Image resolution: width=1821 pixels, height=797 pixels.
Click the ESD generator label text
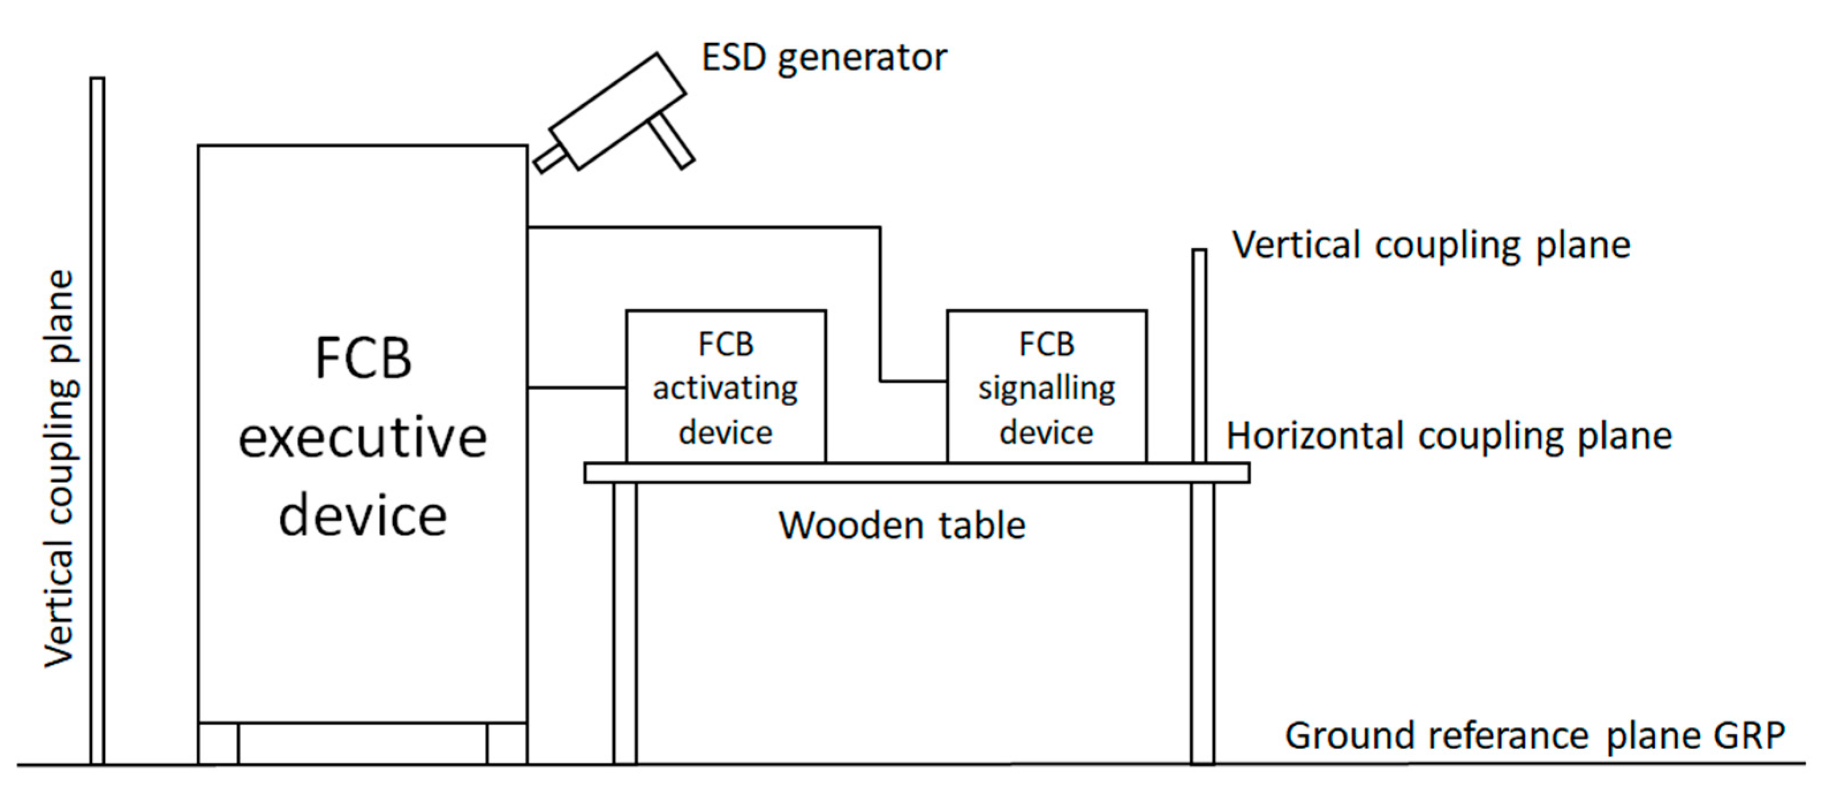coord(823,58)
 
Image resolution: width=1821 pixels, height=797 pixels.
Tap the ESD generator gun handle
coord(671,142)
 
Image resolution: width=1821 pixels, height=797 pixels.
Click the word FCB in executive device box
coord(363,359)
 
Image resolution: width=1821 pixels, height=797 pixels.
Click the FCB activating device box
coord(725,387)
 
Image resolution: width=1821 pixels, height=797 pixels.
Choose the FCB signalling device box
coord(1046,387)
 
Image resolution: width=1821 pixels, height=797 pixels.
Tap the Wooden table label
coord(902,525)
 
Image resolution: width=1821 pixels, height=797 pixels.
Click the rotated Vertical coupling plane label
coord(59,468)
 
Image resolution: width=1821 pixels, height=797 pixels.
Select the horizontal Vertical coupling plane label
coord(1431,245)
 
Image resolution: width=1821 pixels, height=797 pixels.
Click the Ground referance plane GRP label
coord(1534,735)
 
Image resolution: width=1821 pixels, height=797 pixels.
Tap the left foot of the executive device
coord(218,743)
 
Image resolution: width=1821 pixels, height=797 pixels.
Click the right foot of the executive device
coord(507,743)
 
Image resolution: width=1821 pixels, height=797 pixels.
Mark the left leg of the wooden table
coord(625,623)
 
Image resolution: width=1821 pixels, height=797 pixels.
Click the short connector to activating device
coord(576,388)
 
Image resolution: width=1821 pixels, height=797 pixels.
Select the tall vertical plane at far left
coord(97,421)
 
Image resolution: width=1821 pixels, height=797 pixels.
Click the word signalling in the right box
coord(1046,389)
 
